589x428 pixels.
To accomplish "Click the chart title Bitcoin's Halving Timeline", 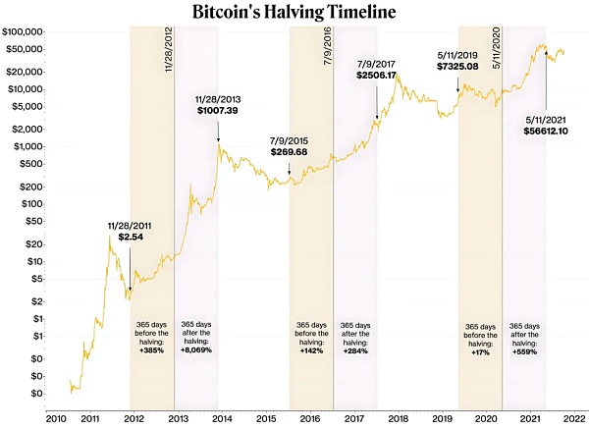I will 294,13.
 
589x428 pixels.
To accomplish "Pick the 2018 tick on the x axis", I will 400,416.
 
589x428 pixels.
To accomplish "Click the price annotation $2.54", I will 131,237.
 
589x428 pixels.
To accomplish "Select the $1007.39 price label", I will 219,111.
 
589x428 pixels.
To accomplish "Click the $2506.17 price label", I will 377,75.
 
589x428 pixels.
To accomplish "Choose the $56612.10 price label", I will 549,128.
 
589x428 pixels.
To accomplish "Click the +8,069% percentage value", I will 196,350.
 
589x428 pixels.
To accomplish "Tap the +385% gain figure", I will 151,350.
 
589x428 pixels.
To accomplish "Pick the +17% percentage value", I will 480,350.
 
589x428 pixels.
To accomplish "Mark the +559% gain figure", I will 525,350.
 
